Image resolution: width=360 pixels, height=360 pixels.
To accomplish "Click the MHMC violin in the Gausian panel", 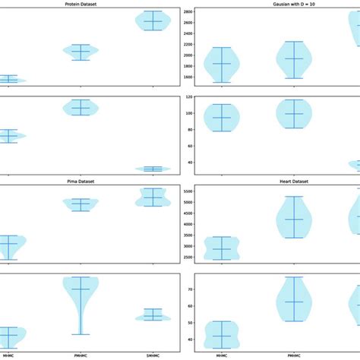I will pyautogui.click(x=222, y=65).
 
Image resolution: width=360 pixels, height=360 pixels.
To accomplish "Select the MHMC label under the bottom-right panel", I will pyautogui.click(x=222, y=355).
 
